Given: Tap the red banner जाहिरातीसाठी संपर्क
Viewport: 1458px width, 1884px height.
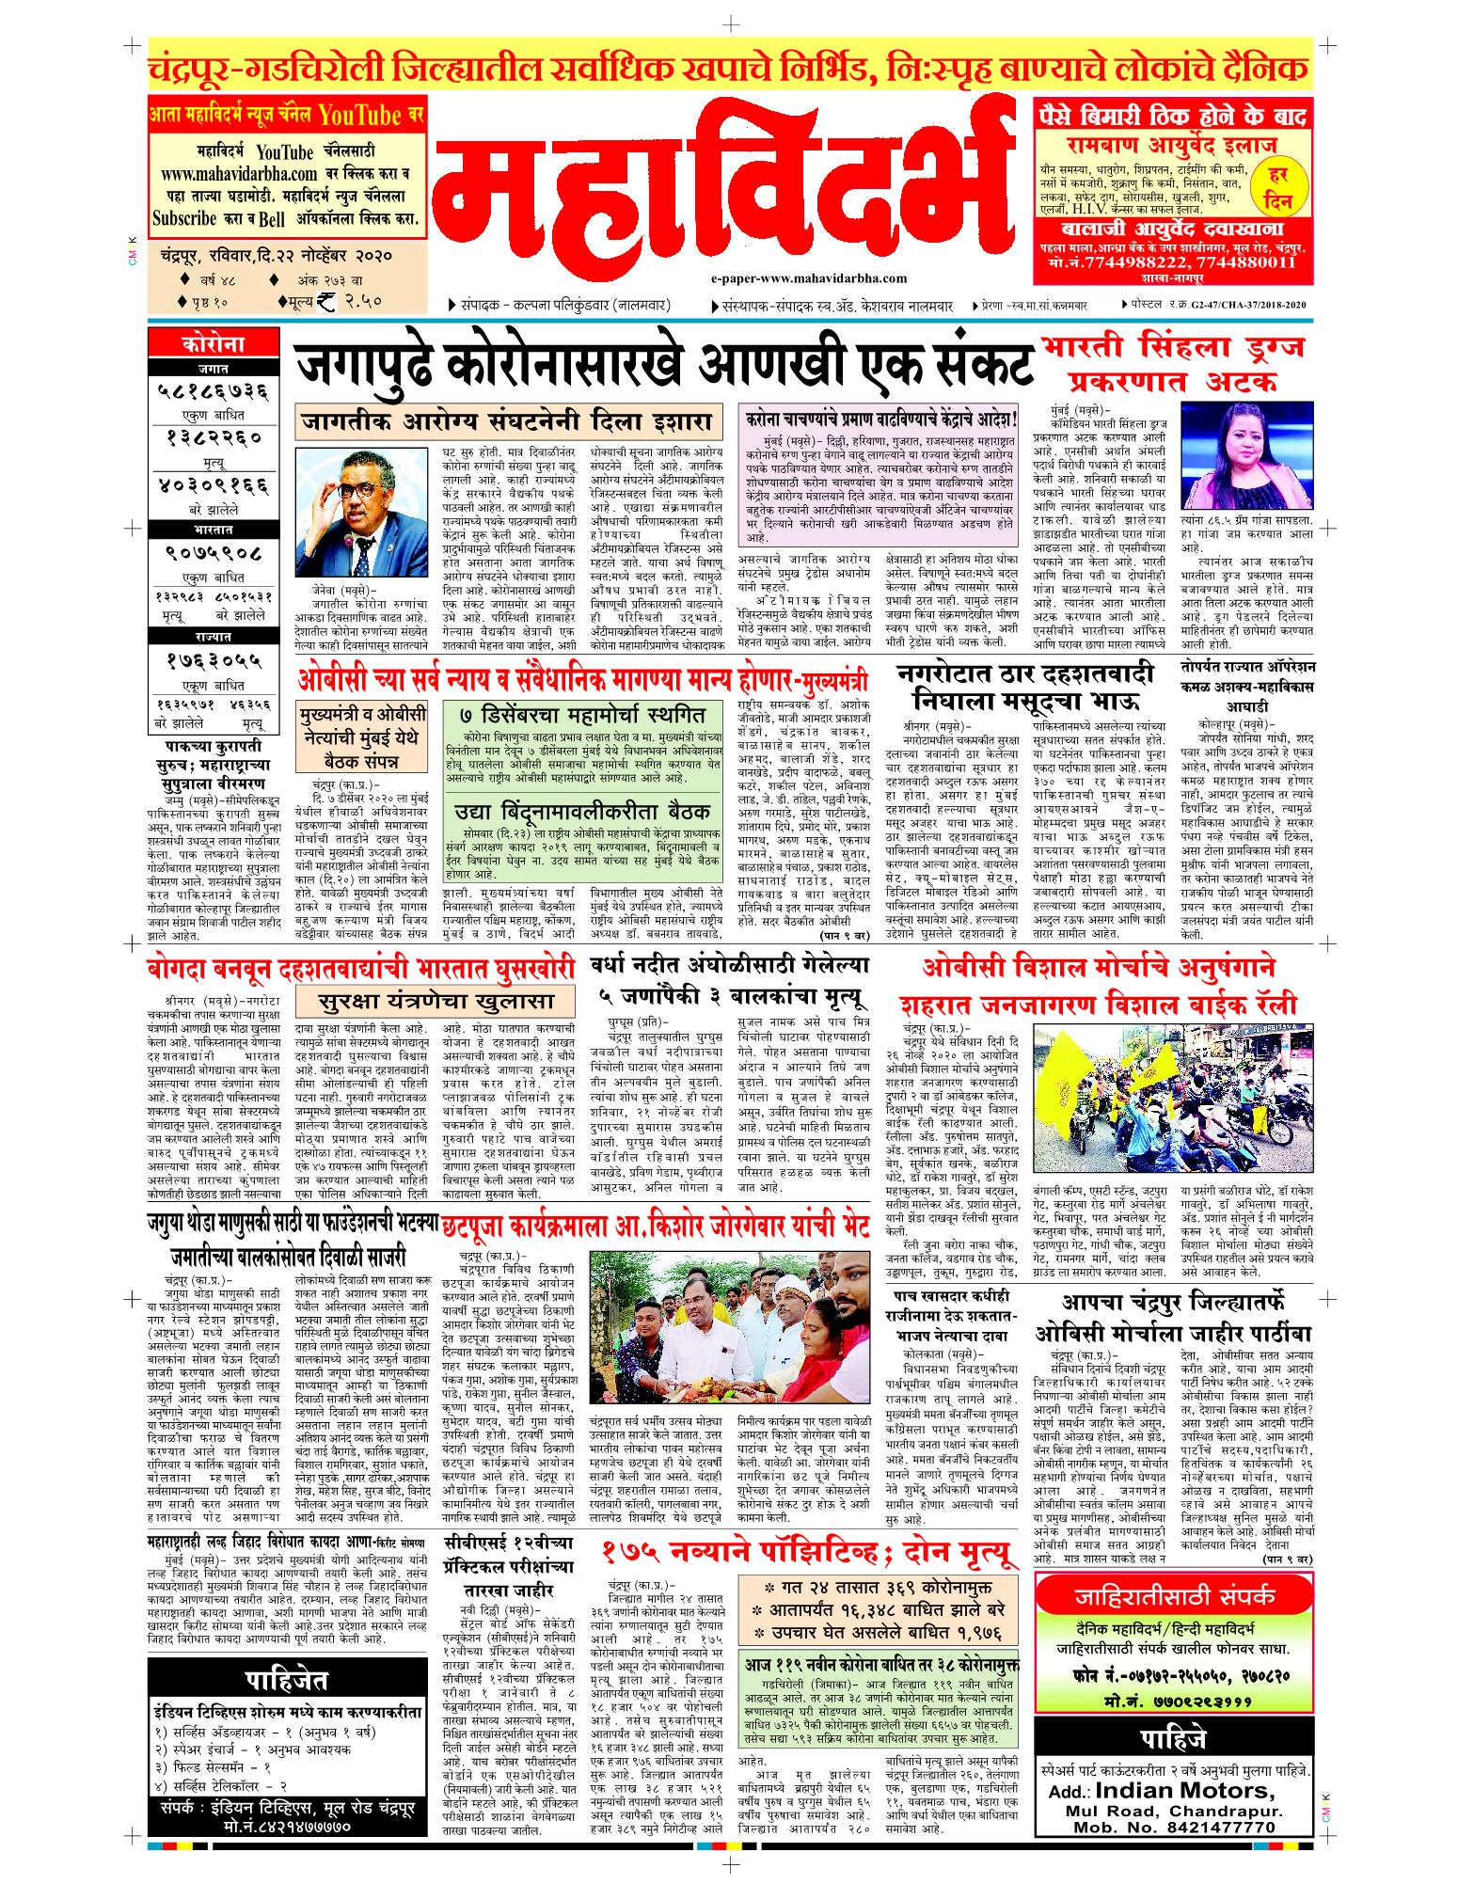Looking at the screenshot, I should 1175,1598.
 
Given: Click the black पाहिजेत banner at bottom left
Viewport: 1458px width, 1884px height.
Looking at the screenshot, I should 287,1677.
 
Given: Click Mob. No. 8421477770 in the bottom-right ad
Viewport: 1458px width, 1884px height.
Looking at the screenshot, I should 1174,1849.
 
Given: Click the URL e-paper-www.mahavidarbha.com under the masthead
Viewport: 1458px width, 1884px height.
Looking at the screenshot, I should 809,278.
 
